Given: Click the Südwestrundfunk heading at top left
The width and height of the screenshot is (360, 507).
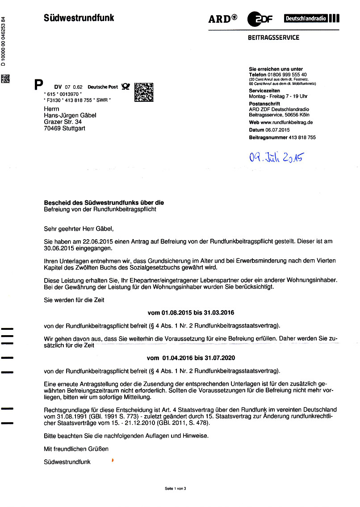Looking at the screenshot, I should [79, 18].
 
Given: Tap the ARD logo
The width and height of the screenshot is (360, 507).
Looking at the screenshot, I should [222, 19].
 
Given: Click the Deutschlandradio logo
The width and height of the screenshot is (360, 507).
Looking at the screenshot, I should [311, 19].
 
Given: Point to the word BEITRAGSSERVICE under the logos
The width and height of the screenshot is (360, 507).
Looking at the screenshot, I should [273, 38].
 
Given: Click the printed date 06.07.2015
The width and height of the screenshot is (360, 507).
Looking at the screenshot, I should [277, 130].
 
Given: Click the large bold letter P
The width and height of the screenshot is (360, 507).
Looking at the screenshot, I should [39, 85].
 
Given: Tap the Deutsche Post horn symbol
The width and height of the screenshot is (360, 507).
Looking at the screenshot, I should [126, 87].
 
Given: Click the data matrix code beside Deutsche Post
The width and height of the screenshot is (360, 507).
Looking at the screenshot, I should [144, 91].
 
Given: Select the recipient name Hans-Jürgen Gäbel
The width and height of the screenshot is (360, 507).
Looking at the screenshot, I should [70, 116].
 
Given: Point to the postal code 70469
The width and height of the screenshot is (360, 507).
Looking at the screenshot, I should [52, 129].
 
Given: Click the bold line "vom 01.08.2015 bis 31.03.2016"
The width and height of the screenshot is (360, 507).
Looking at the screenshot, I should [191, 313].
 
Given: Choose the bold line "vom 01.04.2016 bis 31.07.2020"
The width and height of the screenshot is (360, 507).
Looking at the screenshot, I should [191, 358].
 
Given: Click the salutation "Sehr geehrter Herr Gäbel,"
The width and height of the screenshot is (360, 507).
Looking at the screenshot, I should [79, 229].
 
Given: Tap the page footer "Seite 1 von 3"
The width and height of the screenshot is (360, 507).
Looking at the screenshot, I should [175, 488].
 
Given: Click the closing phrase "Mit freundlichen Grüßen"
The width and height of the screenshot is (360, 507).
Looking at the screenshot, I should [76, 449].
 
